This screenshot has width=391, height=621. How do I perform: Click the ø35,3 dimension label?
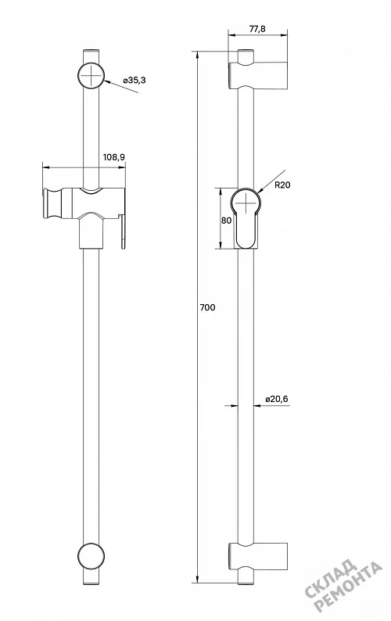pyautogui.click(x=135, y=80)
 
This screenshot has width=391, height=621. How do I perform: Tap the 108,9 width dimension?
pyautogui.click(x=114, y=157)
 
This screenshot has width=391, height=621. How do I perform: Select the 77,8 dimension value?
pyautogui.click(x=257, y=29)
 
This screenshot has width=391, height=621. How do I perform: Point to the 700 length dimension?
pyautogui.click(x=207, y=307)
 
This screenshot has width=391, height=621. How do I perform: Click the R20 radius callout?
pyautogui.click(x=282, y=185)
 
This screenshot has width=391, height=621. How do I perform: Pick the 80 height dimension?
pyautogui.click(x=226, y=221)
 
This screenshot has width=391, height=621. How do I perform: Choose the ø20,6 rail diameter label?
pyautogui.click(x=277, y=399)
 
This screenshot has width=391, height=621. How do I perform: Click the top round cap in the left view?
pyautogui.click(x=91, y=75)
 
